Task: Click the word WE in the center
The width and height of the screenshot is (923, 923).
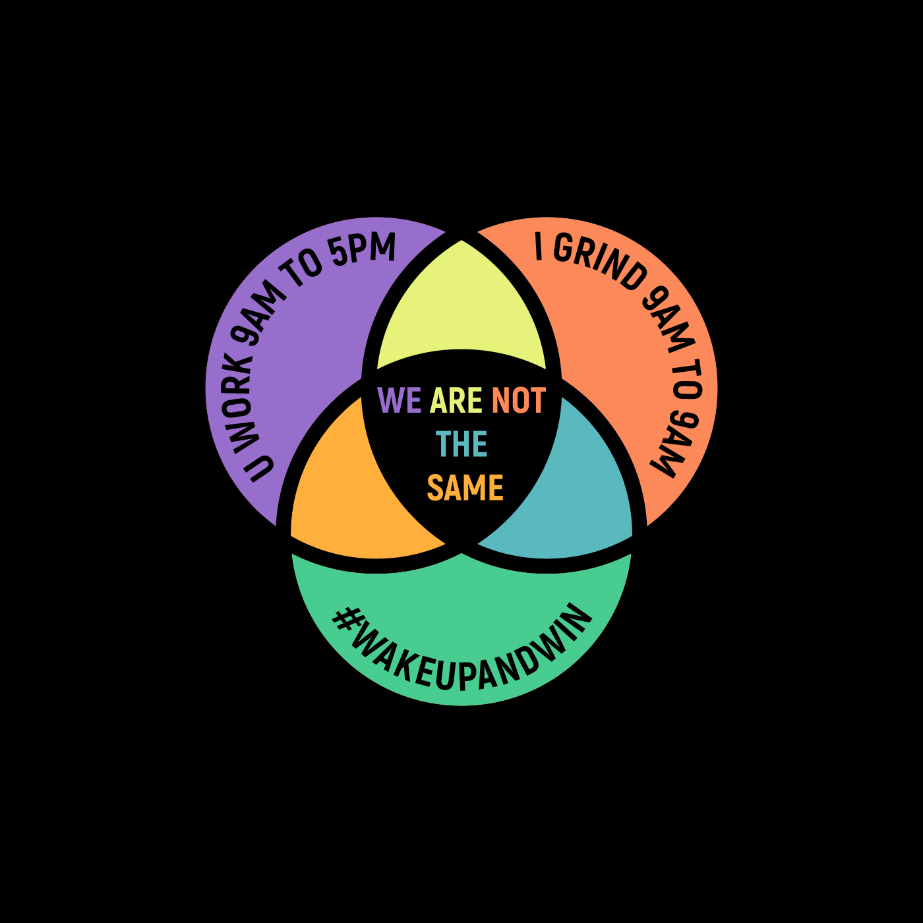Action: pos(400,400)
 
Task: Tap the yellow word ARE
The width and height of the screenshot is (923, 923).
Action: pos(456,400)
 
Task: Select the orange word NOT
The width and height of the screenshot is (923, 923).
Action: pos(519,400)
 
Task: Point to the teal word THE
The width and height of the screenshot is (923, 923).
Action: pos(461,444)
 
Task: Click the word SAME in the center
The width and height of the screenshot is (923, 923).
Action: pos(465,488)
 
